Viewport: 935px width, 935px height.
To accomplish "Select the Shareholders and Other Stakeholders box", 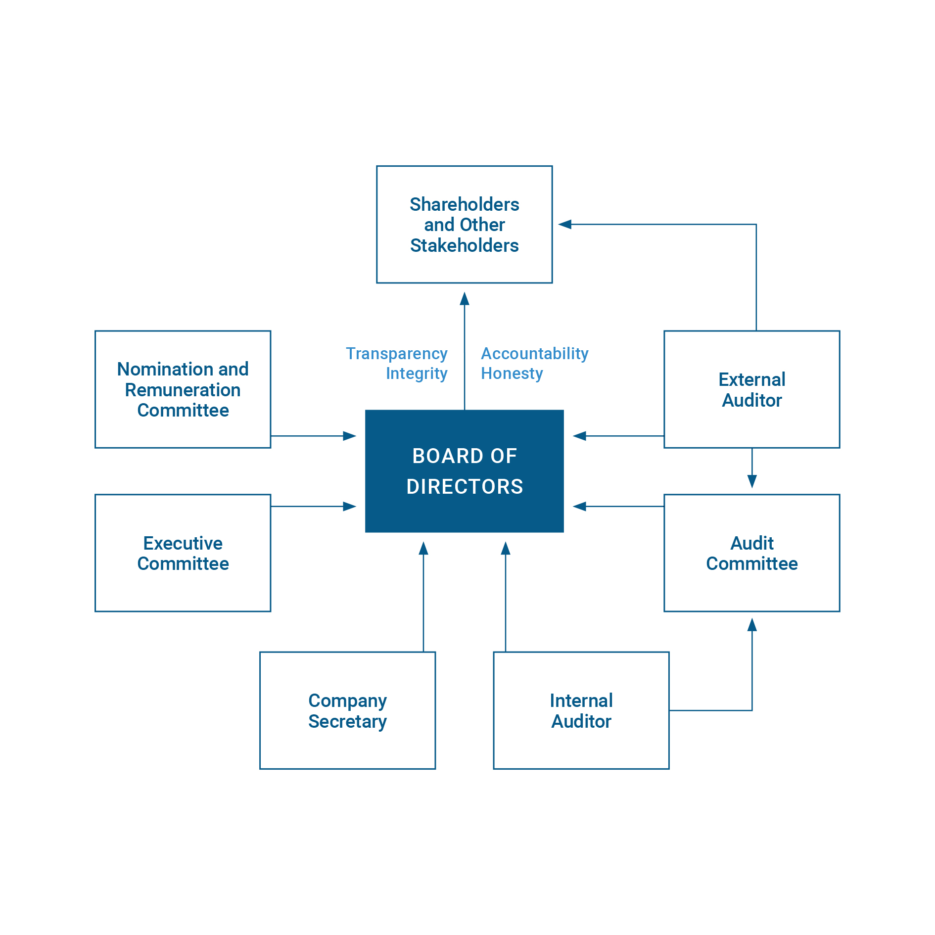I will (464, 224).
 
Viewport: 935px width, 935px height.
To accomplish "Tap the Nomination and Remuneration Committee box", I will (183, 389).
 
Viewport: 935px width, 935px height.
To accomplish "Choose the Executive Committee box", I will (183, 553).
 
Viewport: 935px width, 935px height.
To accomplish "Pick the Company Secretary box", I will (347, 710).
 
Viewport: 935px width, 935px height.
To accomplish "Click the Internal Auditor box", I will (581, 710).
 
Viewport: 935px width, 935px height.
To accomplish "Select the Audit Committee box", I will (751, 553).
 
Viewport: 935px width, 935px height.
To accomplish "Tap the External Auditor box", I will (751, 389).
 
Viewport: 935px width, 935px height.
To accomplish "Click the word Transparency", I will (396, 354).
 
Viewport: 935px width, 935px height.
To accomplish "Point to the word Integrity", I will (417, 374).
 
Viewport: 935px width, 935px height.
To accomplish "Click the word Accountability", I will (534, 354).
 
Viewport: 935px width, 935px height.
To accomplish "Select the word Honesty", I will (512, 374).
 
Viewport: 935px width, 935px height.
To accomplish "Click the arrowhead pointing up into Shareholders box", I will (464, 298).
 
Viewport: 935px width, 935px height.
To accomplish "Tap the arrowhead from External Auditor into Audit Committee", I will (752, 481).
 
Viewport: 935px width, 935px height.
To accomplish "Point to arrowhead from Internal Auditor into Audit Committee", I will (752, 625).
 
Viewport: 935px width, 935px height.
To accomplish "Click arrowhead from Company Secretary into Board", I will (423, 548).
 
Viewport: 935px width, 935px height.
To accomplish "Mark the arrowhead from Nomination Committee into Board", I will (350, 436).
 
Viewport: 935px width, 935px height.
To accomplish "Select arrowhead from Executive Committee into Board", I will (350, 507).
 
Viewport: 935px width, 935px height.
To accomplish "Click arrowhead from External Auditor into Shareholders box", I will (565, 225).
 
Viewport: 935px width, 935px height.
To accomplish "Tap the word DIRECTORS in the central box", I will (465, 487).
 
